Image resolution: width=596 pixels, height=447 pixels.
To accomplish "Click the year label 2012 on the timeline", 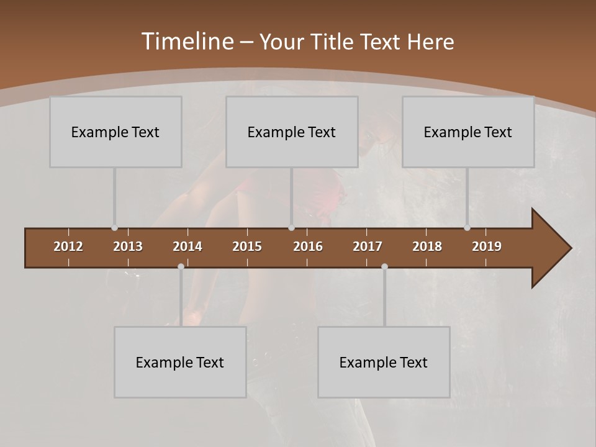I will click(68, 246).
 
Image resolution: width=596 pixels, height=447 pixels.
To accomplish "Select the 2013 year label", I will click(128, 246).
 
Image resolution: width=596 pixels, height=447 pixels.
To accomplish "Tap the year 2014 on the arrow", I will click(187, 246).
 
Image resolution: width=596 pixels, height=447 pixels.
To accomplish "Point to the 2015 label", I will click(247, 246).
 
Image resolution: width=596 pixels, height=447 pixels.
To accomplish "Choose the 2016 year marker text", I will click(308, 246).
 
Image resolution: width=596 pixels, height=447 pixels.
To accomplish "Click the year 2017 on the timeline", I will click(368, 246).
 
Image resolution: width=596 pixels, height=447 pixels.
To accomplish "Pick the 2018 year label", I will click(427, 246).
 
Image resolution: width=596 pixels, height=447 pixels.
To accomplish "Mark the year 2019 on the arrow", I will click(487, 246).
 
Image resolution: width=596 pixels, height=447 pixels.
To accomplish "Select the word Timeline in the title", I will click(187, 42).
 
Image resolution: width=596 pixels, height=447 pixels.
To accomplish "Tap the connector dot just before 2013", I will click(114, 228).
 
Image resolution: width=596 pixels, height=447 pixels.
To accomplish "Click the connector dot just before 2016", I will click(291, 228).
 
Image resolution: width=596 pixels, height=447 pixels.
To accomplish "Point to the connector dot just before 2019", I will click(467, 228).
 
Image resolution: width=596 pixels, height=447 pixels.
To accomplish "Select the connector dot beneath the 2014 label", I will click(181, 266).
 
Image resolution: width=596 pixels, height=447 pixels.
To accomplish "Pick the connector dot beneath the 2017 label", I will click(384, 266).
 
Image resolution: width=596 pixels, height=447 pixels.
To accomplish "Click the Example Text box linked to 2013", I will click(115, 132).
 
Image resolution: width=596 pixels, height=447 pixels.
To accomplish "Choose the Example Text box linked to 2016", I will click(292, 132).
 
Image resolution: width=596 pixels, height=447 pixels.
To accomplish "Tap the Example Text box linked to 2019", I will click(468, 132).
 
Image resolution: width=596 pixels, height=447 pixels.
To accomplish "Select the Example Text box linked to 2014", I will click(180, 362).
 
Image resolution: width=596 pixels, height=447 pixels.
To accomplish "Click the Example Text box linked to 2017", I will click(384, 362).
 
